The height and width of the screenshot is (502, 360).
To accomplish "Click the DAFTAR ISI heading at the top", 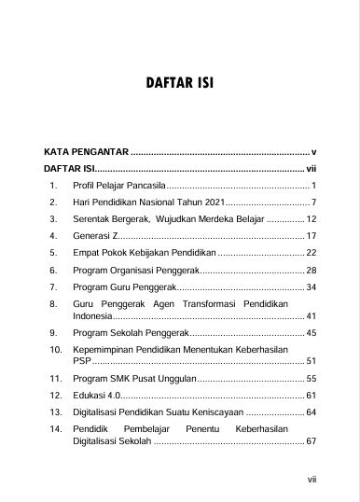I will click(x=180, y=83).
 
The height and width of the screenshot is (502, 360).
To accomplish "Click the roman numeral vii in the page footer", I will click(x=312, y=480).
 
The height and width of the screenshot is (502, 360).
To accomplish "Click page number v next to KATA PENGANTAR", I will click(x=314, y=151).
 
